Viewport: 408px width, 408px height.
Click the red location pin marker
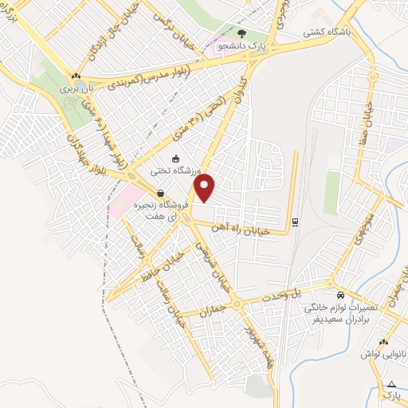(x=206, y=188)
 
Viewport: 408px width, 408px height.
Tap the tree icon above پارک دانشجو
(x=241, y=34)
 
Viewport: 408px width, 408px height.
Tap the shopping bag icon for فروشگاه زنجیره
(x=161, y=193)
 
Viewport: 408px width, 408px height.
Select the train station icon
(x=296, y=221)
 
